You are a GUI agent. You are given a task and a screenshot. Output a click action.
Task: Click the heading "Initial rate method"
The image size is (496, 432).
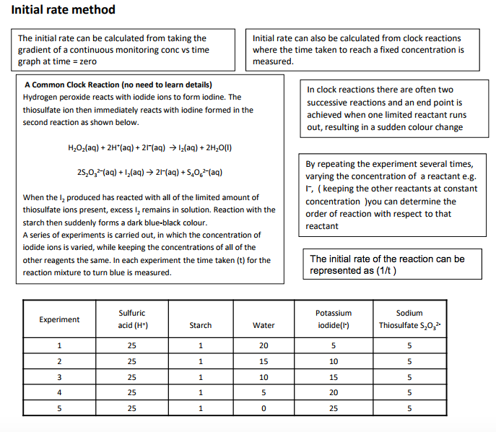pos(63,10)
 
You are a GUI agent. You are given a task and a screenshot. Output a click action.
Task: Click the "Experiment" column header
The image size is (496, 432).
pos(59,319)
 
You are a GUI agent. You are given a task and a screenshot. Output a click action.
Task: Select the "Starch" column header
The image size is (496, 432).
pos(200,325)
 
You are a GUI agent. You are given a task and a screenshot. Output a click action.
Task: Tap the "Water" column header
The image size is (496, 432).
pos(264,325)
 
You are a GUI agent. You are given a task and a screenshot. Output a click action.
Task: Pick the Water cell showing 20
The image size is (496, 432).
pos(264,345)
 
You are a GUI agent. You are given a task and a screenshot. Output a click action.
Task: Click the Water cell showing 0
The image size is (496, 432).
pos(264,408)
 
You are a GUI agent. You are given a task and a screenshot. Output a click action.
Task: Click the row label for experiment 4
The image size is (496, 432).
pos(59,392)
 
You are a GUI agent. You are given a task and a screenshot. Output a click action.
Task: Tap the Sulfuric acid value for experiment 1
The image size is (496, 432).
pos(131,345)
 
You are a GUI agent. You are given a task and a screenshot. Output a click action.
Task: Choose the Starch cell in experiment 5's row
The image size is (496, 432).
pos(200,408)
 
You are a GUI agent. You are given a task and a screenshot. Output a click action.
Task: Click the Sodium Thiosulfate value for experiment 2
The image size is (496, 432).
pos(409,361)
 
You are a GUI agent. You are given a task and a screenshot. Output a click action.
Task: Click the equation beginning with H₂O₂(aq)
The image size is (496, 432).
pos(148,148)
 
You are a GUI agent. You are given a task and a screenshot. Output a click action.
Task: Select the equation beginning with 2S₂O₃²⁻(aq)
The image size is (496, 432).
pos(148,173)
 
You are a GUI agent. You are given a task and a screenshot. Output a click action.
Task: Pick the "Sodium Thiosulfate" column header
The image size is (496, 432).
pos(409,319)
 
